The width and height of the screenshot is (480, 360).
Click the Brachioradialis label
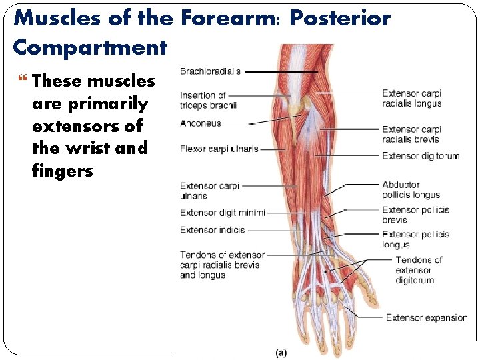tap(210, 71)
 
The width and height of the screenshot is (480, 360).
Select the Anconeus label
tap(200, 123)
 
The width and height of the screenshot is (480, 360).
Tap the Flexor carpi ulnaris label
tap(219, 149)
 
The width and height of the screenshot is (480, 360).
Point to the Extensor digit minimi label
tap(223, 213)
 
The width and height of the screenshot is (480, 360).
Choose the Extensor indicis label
tap(212, 230)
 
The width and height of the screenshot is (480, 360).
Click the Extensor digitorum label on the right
tap(421, 156)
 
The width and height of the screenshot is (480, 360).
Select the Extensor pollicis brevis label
tap(415, 215)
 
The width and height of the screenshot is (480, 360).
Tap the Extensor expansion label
tap(427, 318)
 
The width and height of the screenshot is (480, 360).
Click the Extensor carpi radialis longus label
tap(411, 99)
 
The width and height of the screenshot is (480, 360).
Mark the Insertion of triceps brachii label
tap(208, 100)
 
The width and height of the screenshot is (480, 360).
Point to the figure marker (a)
tap(281, 352)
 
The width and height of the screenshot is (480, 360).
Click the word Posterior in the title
tap(342, 18)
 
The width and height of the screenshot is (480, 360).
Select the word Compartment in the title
tap(89, 47)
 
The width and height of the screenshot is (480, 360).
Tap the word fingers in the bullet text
tap(62, 171)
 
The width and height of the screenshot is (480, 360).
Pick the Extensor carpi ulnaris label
tap(209, 191)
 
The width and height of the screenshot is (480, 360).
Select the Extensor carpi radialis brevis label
tap(411, 134)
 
